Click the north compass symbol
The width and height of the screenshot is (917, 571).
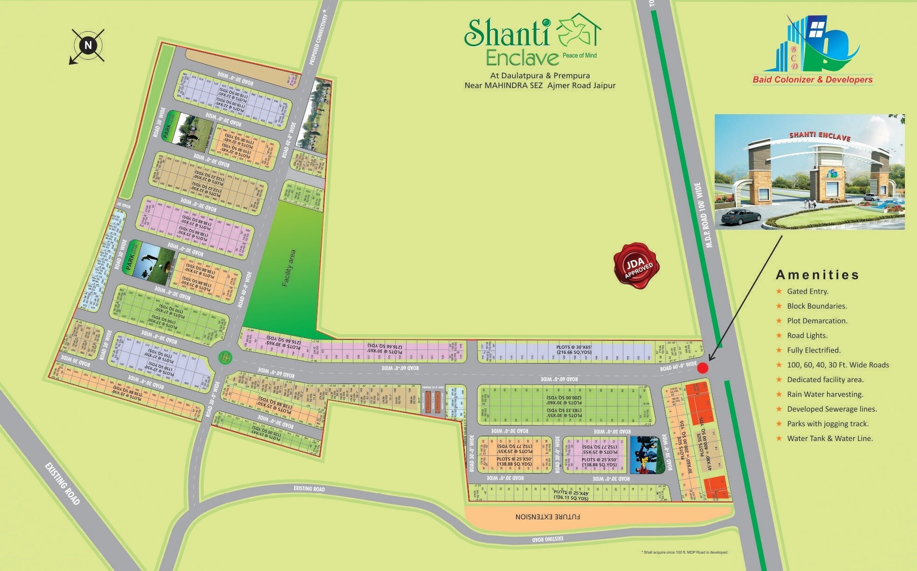88,46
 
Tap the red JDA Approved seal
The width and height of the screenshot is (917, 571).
636,266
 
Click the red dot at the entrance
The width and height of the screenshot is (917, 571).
703,368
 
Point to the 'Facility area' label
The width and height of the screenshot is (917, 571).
289,268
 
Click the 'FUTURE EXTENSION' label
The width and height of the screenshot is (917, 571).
547,516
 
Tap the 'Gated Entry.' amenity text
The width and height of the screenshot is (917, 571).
807,291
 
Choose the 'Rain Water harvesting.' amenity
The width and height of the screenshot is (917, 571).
825,394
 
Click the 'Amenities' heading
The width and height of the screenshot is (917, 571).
817,275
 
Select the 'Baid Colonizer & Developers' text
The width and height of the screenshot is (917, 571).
813,80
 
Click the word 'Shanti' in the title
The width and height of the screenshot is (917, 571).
507,34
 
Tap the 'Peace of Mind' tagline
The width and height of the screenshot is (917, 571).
579,55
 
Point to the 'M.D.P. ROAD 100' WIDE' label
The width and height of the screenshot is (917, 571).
703,215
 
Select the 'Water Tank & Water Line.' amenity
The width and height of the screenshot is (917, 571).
830,439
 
